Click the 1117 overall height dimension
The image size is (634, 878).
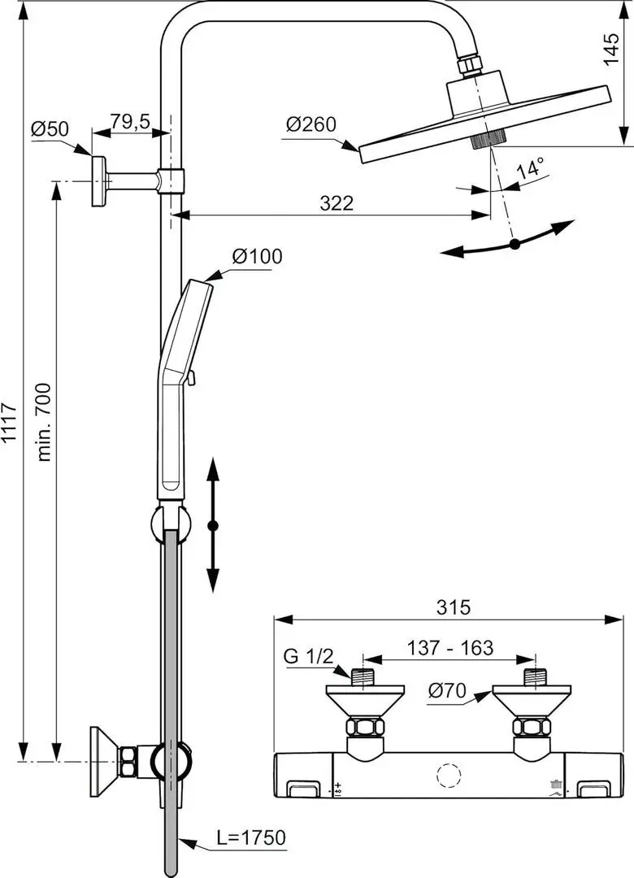tap(11, 423)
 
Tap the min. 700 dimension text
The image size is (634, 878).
tap(44, 422)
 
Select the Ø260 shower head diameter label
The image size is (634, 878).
tap(310, 124)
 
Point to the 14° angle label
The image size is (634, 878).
tap(530, 167)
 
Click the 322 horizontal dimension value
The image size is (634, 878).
tap(337, 202)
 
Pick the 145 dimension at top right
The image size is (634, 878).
tap(611, 50)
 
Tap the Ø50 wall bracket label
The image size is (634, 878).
tap(50, 128)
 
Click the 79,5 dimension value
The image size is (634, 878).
tap(130, 121)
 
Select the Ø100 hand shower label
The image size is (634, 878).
tap(257, 256)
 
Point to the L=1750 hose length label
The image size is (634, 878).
tap(251, 837)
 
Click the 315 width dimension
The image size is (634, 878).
tap(453, 607)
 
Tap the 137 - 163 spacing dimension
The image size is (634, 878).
tap(450, 647)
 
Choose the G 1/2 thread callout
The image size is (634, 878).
tap(308, 656)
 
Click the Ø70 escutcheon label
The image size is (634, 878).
tap(447, 691)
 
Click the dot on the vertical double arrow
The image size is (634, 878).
tap(213, 526)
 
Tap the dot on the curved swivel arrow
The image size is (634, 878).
tap(515, 244)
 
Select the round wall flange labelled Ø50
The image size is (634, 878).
tap(99, 181)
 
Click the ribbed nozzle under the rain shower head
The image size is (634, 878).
tap(489, 139)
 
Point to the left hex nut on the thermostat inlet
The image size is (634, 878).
tap(365, 728)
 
